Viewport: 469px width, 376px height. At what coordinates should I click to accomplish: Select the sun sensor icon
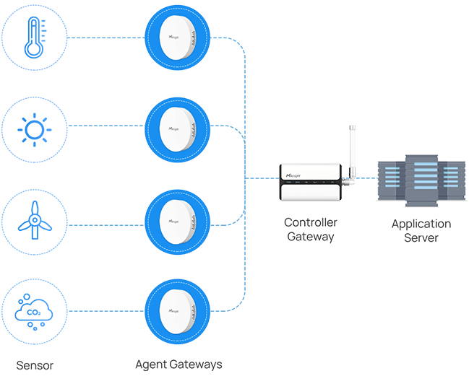point(34,130)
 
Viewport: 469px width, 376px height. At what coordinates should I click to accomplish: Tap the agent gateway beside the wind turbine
point(177,222)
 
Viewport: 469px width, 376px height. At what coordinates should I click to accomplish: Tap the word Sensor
point(35,364)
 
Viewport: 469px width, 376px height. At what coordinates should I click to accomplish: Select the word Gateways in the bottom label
point(196,364)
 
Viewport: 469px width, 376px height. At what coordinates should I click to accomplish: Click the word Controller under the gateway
point(310,222)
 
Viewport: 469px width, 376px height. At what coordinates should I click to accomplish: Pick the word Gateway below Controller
point(310,237)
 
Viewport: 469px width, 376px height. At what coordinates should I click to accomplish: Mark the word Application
point(421,224)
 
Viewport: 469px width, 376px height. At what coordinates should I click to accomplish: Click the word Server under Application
point(421,238)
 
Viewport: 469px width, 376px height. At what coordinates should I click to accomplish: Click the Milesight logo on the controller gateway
point(297,175)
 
